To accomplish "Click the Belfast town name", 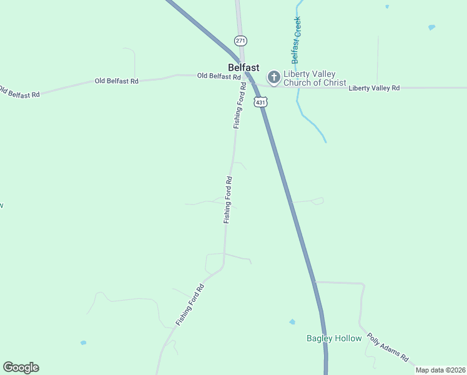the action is (x=243, y=67).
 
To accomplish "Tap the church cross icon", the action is (x=273, y=77).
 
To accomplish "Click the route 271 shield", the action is (x=241, y=40).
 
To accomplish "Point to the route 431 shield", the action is (x=260, y=101).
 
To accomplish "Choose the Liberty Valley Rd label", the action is (x=374, y=88).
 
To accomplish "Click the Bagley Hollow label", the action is (x=334, y=338).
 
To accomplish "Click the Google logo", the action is (x=21, y=367).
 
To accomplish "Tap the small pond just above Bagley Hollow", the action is (x=292, y=322).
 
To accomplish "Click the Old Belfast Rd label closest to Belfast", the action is (x=219, y=76).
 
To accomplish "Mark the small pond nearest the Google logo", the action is (x=83, y=342).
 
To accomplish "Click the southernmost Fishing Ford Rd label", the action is (x=190, y=305).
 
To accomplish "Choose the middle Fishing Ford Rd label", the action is (x=228, y=200).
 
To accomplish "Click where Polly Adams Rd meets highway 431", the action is (x=315, y=282).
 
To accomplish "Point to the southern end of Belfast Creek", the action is (x=325, y=141).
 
